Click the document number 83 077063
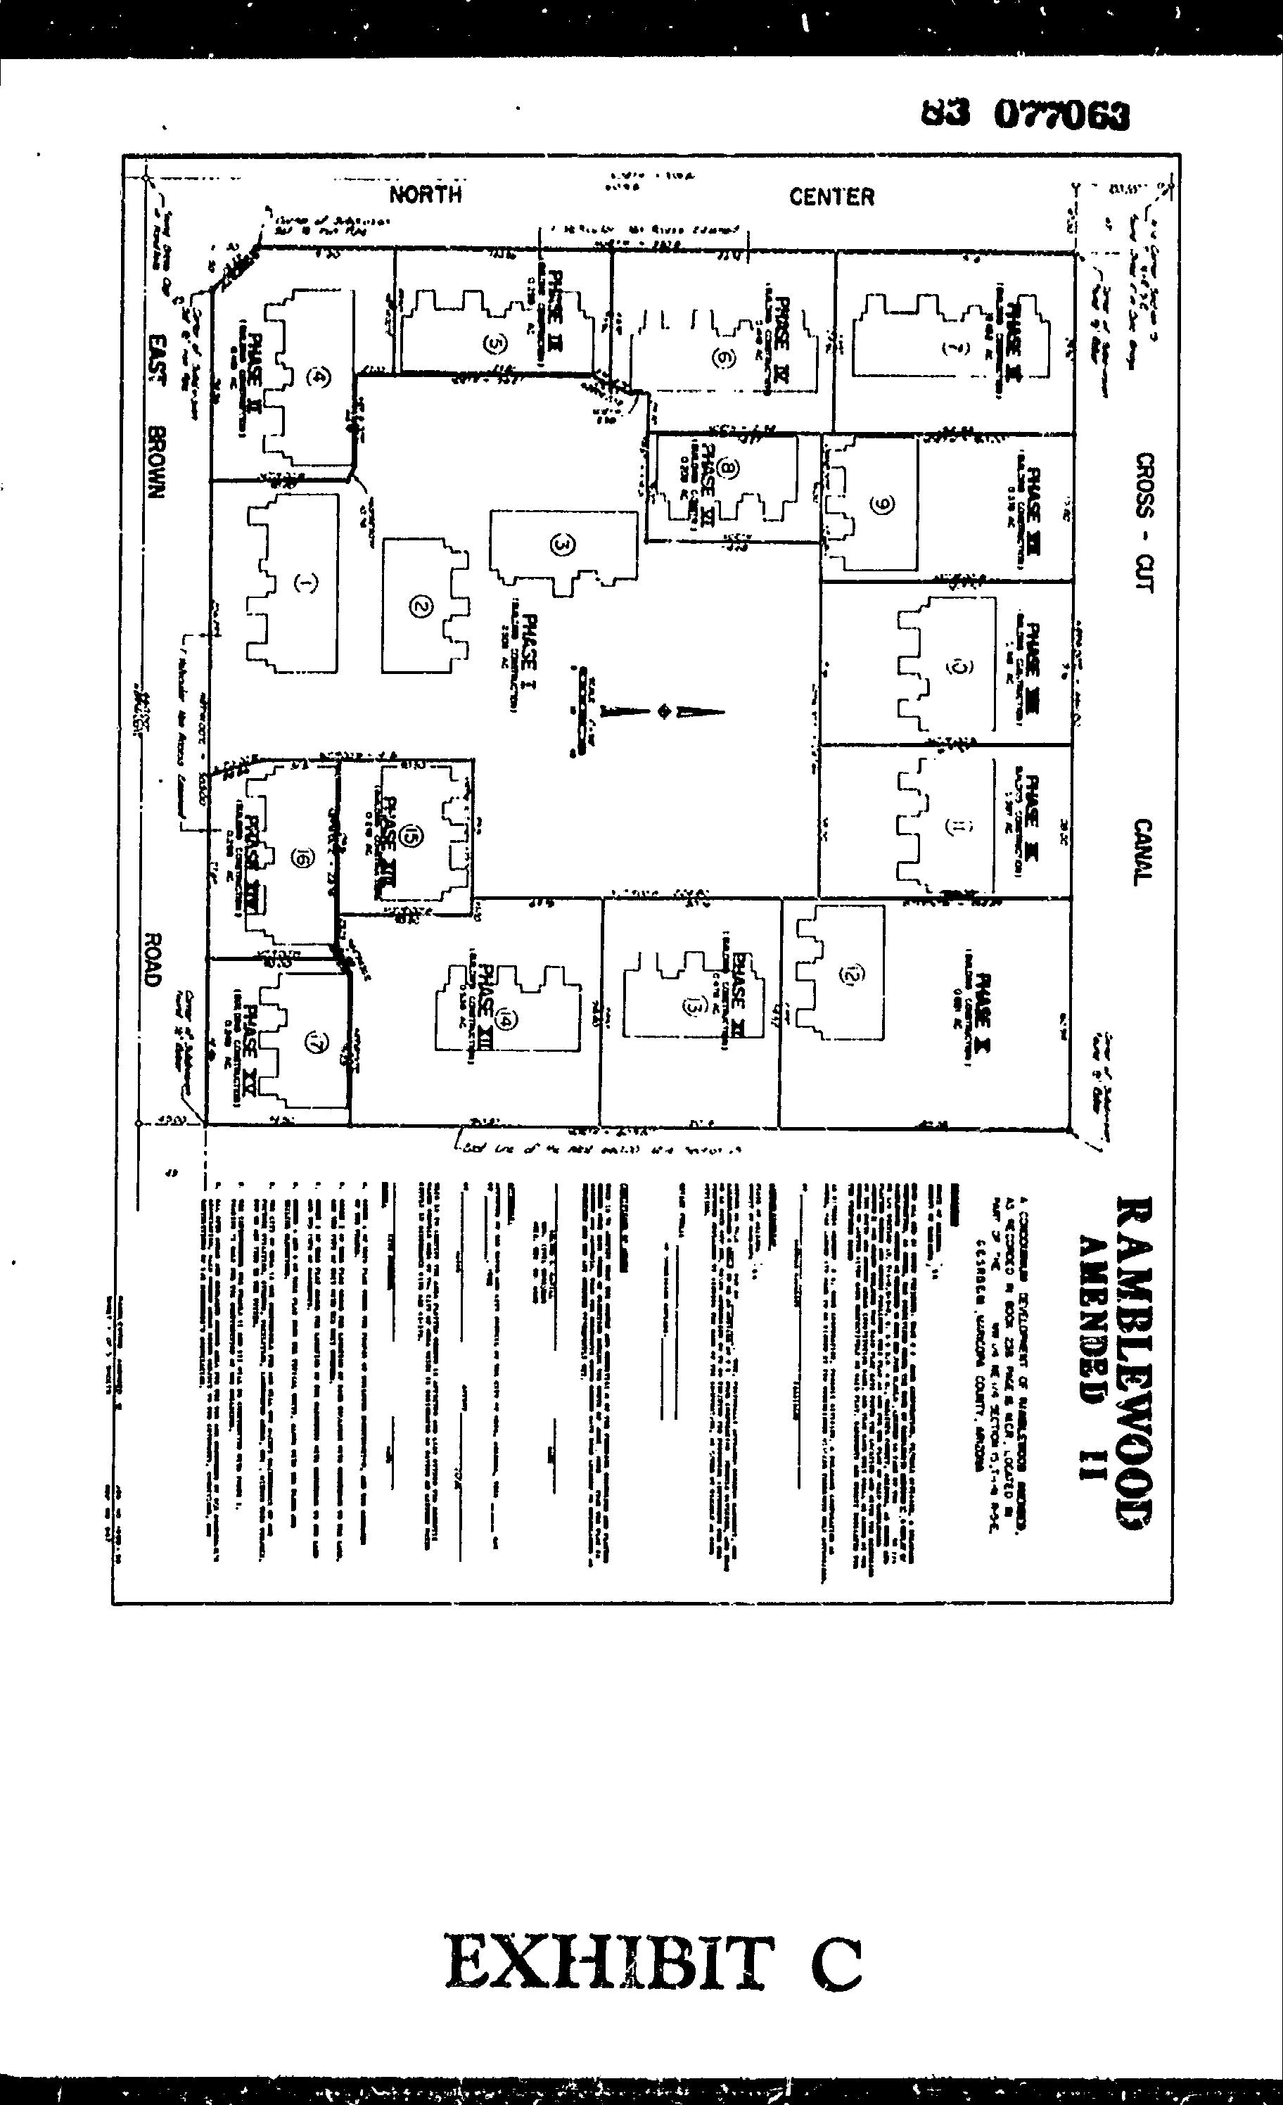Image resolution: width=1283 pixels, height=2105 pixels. pos(1024,115)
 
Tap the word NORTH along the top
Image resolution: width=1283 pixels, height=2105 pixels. pos(426,195)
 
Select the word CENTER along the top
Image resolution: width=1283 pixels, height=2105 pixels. pos(831,197)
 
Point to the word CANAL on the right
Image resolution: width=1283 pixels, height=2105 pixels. pos(1143,852)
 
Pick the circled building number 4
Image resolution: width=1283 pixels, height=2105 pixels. pos(320,377)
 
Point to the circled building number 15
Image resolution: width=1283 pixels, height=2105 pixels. pos(411,838)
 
